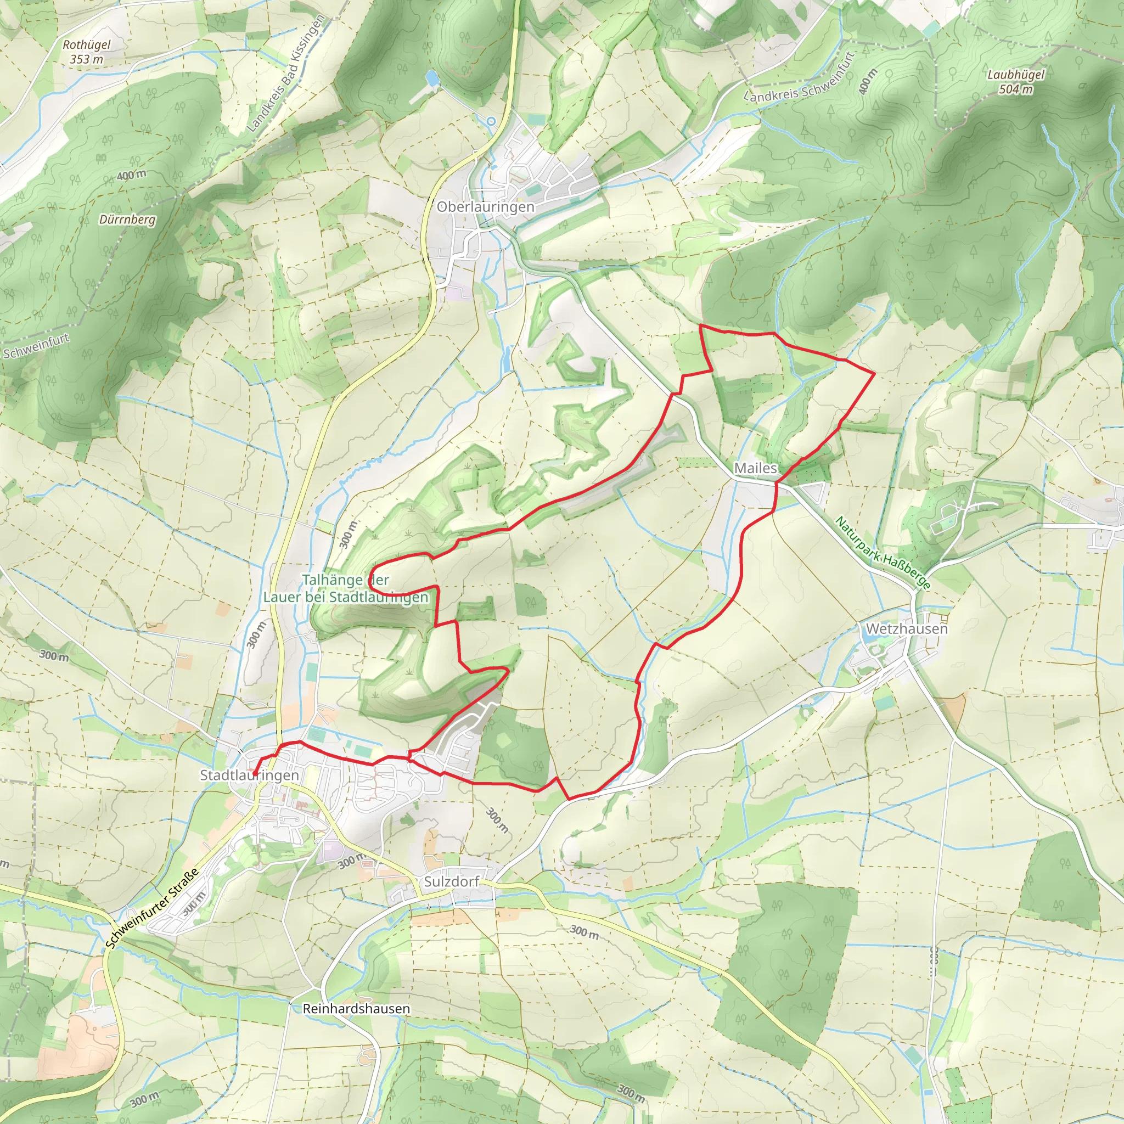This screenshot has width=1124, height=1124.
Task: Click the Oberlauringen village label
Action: click(485, 207)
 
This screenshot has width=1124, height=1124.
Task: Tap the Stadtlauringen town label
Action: click(249, 775)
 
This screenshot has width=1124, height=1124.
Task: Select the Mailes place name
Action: click(755, 468)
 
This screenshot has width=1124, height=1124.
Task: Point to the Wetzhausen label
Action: click(907, 629)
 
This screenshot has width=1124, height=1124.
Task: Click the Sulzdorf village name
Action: click(452, 881)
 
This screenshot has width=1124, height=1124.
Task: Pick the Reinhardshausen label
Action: click(356, 1008)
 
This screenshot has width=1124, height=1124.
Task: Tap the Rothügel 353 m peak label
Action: click(86, 52)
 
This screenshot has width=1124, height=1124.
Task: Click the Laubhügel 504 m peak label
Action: click(1016, 81)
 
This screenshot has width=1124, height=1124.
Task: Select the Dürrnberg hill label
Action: click(127, 220)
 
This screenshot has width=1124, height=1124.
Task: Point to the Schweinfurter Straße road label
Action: click(153, 908)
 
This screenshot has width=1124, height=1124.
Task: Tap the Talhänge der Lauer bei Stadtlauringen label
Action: click(346, 588)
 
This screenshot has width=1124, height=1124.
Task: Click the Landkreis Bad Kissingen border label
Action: click(285, 74)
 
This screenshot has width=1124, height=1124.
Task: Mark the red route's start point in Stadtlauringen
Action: click(255, 774)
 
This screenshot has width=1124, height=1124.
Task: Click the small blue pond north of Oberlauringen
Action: click(432, 77)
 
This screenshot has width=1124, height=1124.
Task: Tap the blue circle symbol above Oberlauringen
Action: click(491, 121)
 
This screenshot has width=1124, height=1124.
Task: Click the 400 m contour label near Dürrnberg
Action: click(132, 175)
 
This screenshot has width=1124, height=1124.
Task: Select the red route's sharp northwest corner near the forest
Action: click(700, 327)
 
